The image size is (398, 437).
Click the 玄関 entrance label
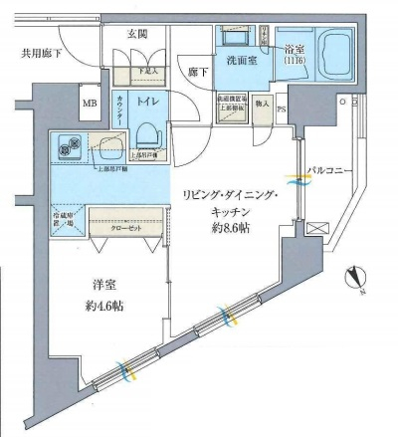coord(137,34)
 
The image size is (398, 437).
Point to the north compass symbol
coord(356,280)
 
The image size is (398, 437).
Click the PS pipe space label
coord(282,109)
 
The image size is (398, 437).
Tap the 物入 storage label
coord(262,102)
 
